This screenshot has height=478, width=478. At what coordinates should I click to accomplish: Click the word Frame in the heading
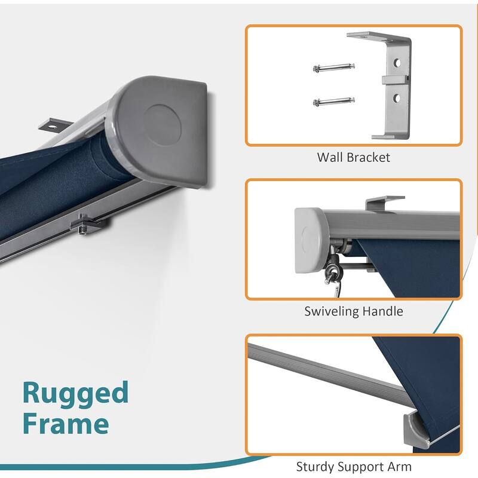point(66,423)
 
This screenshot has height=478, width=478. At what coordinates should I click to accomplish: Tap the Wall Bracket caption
point(353,157)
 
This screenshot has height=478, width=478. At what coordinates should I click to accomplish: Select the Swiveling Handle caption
point(354,311)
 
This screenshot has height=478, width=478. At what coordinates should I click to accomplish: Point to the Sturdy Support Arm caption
point(354,467)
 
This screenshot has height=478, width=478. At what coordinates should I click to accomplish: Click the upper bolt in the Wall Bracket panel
point(334,68)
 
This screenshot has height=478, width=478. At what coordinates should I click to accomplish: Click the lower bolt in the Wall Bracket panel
point(334,101)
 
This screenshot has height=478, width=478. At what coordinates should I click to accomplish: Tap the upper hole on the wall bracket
point(397,63)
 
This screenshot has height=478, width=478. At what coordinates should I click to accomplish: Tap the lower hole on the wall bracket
point(397,98)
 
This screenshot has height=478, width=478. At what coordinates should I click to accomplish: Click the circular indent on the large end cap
point(162,125)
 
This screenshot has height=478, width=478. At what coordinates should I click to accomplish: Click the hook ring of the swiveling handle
point(332,276)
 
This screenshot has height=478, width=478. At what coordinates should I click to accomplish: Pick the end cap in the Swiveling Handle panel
point(311,240)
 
